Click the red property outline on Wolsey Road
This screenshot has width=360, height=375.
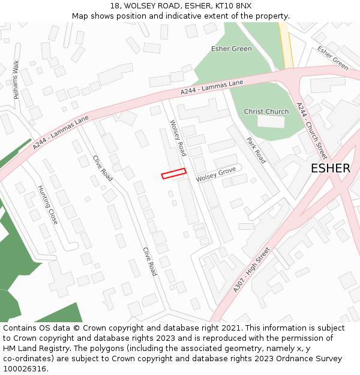pyautogui.click(x=173, y=173)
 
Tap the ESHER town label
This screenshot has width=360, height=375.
pyautogui.click(x=330, y=169)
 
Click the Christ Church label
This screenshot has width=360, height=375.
pyautogui.click(x=266, y=112)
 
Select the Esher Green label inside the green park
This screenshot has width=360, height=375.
pyautogui.click(x=231, y=49)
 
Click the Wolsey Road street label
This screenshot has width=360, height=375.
pyautogui.click(x=178, y=138)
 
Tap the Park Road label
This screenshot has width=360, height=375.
pyautogui.click(x=256, y=150)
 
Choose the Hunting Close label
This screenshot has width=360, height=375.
pyautogui.click(x=48, y=205)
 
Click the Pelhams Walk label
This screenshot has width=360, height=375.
pyautogui.click(x=16, y=80)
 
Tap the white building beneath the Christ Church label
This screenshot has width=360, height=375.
pyautogui.click(x=271, y=122)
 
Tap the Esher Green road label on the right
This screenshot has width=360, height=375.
pyautogui.click(x=333, y=58)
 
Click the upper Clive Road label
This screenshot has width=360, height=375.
pyautogui.click(x=103, y=168)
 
